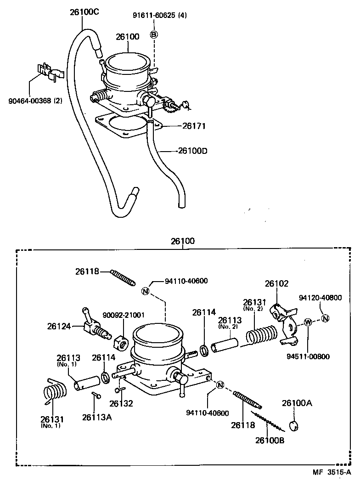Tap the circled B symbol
pyautogui.click(x=154, y=34)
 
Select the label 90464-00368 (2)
pyautogui.click(x=35, y=101)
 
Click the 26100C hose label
pyautogui.click(x=84, y=12)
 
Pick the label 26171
pyautogui.click(x=195, y=125)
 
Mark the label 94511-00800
pyautogui.click(x=308, y=356)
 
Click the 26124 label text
pyautogui.click(x=58, y=327)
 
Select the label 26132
pyautogui.click(x=121, y=404)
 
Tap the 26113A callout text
pyautogui.click(x=97, y=417)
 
